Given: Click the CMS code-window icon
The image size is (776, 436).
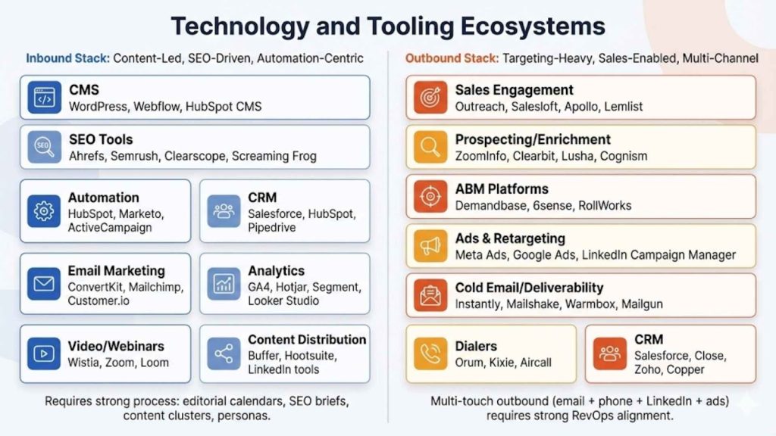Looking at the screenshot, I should [x=44, y=98].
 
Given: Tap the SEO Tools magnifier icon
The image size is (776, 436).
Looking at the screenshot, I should [x=44, y=147].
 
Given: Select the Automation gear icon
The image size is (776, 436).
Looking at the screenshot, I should [x=44, y=210].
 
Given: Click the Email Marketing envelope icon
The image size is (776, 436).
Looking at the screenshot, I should [x=44, y=284].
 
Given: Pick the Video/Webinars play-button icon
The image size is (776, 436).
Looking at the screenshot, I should [x=44, y=353].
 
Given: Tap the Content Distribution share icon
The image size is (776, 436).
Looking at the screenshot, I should [x=224, y=353].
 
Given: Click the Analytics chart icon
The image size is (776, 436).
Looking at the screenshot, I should [x=224, y=284].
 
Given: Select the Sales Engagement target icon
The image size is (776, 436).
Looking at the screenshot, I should [x=430, y=98].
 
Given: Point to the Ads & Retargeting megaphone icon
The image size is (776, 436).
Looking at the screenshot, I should [x=430, y=245].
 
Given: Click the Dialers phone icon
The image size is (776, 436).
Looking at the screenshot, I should [x=430, y=353].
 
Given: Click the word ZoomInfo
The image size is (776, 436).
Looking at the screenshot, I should [x=482, y=156].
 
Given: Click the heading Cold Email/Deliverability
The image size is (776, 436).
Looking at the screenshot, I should [x=529, y=288].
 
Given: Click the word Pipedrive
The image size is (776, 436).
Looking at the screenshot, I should [x=272, y=227].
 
